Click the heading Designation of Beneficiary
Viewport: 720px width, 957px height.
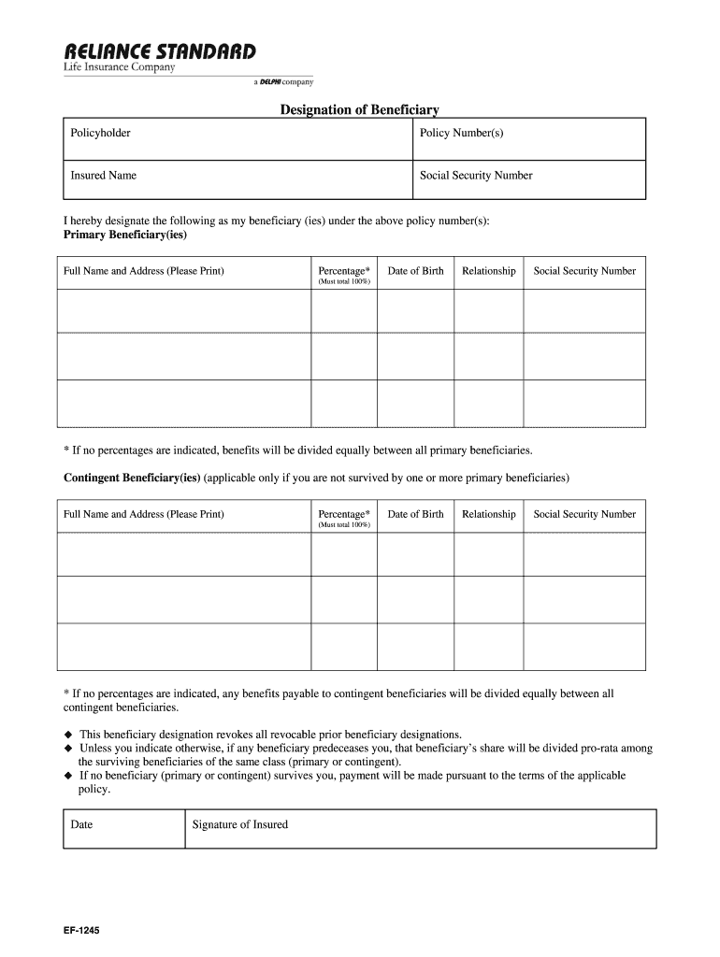tap(360, 110)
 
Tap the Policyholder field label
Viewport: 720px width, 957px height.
tap(100, 133)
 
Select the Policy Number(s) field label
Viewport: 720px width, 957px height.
tap(462, 133)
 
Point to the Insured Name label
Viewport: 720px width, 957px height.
tap(103, 175)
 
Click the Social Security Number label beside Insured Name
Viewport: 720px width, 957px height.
tap(476, 175)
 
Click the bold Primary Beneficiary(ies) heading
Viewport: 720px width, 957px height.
tap(125, 235)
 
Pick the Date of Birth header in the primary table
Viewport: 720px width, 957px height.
tap(415, 271)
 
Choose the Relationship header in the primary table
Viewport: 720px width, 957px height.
tap(488, 271)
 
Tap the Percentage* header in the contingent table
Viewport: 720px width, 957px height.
tap(343, 514)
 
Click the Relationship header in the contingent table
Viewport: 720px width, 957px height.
tap(488, 514)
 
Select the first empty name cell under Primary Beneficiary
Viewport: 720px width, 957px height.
tap(183, 311)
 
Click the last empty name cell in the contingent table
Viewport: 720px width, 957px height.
tap(183, 647)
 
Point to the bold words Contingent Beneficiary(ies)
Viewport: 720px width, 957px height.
tap(132, 478)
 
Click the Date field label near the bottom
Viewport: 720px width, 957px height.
tap(81, 824)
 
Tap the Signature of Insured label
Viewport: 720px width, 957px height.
tap(239, 824)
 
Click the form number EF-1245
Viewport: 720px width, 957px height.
tap(82, 931)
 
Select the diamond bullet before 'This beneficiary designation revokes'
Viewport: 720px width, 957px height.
tap(68, 735)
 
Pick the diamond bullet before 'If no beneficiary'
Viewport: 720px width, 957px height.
tap(68, 776)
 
